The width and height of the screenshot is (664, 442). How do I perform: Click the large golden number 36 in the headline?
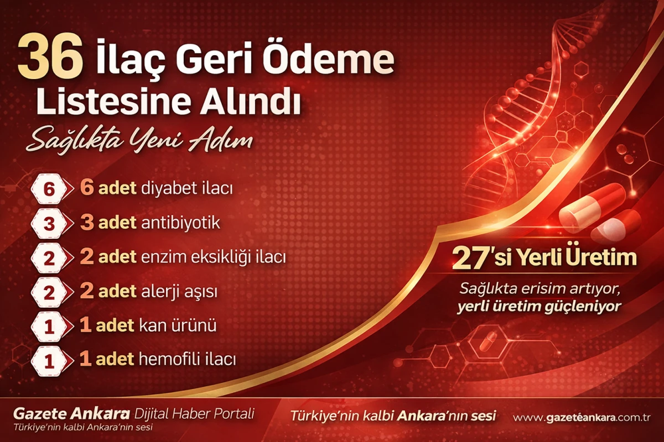(x=50, y=56)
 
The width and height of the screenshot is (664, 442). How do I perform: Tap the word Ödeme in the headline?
(x=329, y=58)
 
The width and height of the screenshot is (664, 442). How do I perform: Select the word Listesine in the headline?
(x=113, y=101)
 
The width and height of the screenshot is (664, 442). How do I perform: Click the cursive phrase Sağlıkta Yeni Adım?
(x=139, y=141)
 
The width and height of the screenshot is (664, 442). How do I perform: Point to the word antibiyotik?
(x=180, y=223)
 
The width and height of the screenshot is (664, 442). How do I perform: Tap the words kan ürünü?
(x=178, y=325)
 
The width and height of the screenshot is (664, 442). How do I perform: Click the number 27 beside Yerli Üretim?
(x=470, y=258)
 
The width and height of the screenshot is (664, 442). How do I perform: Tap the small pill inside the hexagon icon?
(x=488, y=341)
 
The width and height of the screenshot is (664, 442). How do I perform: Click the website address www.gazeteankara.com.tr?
(x=582, y=418)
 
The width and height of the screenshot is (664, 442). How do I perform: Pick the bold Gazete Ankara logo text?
(x=71, y=414)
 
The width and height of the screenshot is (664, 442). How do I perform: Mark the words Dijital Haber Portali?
(x=194, y=414)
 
